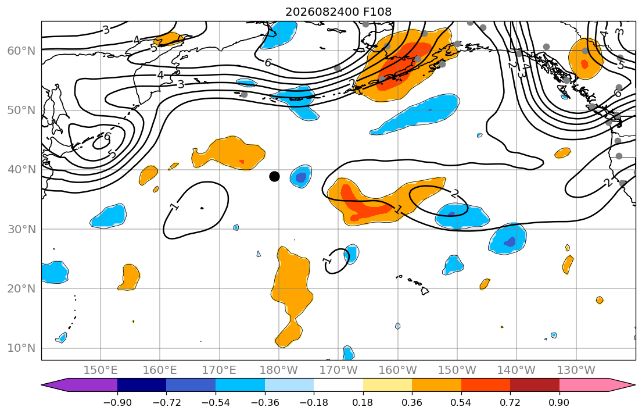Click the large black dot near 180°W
pos(274,176)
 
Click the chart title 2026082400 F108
pos(338,12)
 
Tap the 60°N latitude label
pos(21,51)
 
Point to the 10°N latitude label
pos(21,348)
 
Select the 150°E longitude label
pos(101,370)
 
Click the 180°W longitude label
pos(279,370)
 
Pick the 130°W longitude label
pos(576,370)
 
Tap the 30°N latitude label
pos(21,229)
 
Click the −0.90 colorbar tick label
pos(117,402)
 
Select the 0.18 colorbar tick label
pos(363,402)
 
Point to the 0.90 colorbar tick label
pos(559,402)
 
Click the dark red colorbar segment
pos(535,385)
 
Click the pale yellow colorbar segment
pos(388,385)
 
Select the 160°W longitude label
pos(398,370)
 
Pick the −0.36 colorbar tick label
pos(264,402)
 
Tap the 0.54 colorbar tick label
pos(461,402)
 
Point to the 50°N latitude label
pos(21,110)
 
